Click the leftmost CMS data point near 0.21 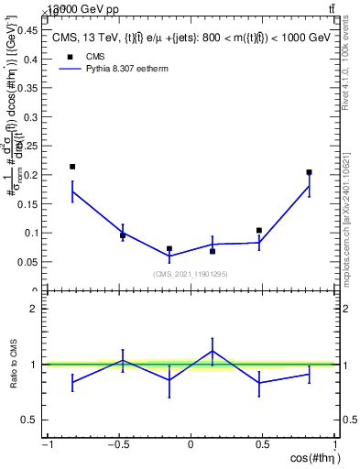coord(72,167)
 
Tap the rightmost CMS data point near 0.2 coord(310,172)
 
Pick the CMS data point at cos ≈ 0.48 coord(259,231)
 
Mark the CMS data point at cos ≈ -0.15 coord(169,248)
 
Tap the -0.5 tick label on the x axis coord(117,446)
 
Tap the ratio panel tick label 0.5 coord(33,420)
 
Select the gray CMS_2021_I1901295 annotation coord(191,274)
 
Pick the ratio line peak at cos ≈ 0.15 coord(213,351)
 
